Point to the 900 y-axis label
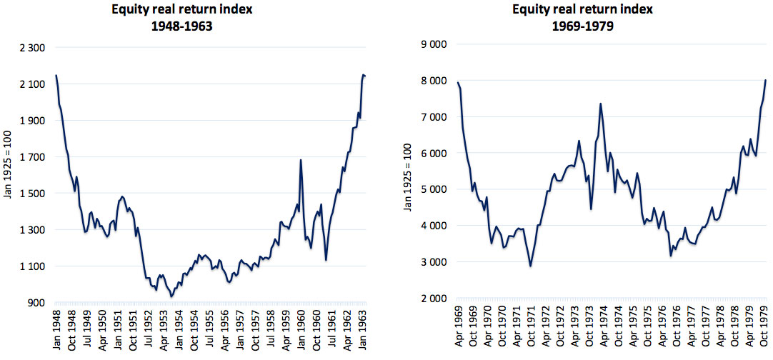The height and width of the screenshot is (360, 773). click(x=36, y=303)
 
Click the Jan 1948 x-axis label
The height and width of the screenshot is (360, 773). click(x=56, y=327)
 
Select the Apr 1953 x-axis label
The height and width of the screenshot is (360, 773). click(x=164, y=327)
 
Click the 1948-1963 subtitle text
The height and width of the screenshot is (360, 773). click(x=182, y=28)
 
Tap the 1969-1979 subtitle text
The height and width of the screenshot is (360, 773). click(x=582, y=26)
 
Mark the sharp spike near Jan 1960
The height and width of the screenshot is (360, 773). click(x=301, y=160)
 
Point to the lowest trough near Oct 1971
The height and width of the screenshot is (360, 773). click(x=530, y=266)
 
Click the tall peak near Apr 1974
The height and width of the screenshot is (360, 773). click(x=600, y=104)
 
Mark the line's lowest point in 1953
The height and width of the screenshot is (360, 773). click(x=171, y=296)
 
